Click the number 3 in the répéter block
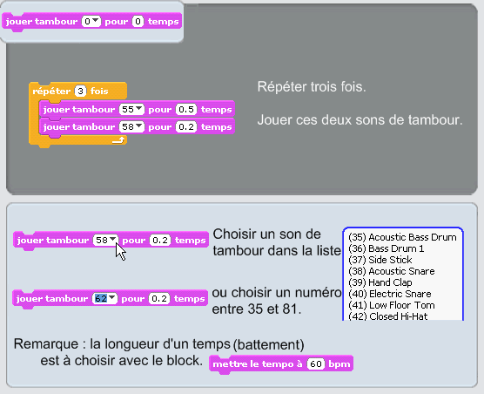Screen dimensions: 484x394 tap(80, 92)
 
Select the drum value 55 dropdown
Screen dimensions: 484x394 tap(131, 109)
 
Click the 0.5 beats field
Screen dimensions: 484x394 tap(186, 109)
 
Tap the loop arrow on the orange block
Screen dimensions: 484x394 tap(118, 140)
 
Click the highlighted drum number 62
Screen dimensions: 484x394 tap(101, 298)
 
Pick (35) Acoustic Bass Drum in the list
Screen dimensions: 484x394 tap(402, 237)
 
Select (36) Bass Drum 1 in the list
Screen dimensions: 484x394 tap(387, 248)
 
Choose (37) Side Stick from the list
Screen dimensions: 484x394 tap(380, 260)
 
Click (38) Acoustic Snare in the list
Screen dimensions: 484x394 tap(392, 271)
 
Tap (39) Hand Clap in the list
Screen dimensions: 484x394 tap(380, 282)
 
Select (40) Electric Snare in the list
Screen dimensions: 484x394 tap(390, 294)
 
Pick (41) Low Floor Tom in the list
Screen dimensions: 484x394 tap(392, 305)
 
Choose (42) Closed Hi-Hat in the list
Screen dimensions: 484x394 tap(388, 316)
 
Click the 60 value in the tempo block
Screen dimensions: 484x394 tap(316, 364)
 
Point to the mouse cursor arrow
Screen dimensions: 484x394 tap(120, 252)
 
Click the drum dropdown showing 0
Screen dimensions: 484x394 tap(91, 22)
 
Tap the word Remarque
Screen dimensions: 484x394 tap(46, 343)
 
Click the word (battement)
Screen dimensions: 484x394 tap(268, 345)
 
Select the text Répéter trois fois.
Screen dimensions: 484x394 tap(312, 87)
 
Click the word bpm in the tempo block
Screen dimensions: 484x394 tap(339, 364)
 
